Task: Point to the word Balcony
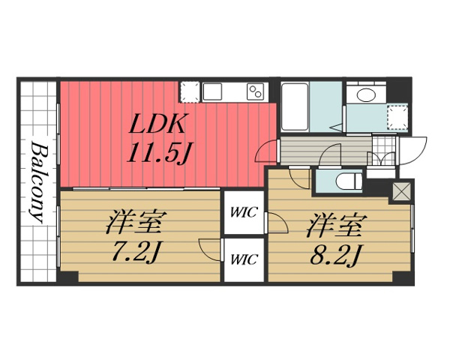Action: pyautogui.click(x=37, y=180)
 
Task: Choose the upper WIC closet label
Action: pyautogui.click(x=244, y=212)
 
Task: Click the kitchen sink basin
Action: pyautogui.click(x=212, y=91)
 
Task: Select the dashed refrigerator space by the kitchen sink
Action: pyautogui.click(x=190, y=91)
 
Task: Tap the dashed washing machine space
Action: pyautogui.click(x=395, y=116)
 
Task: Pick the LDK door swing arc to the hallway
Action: pyautogui.click(x=265, y=153)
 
